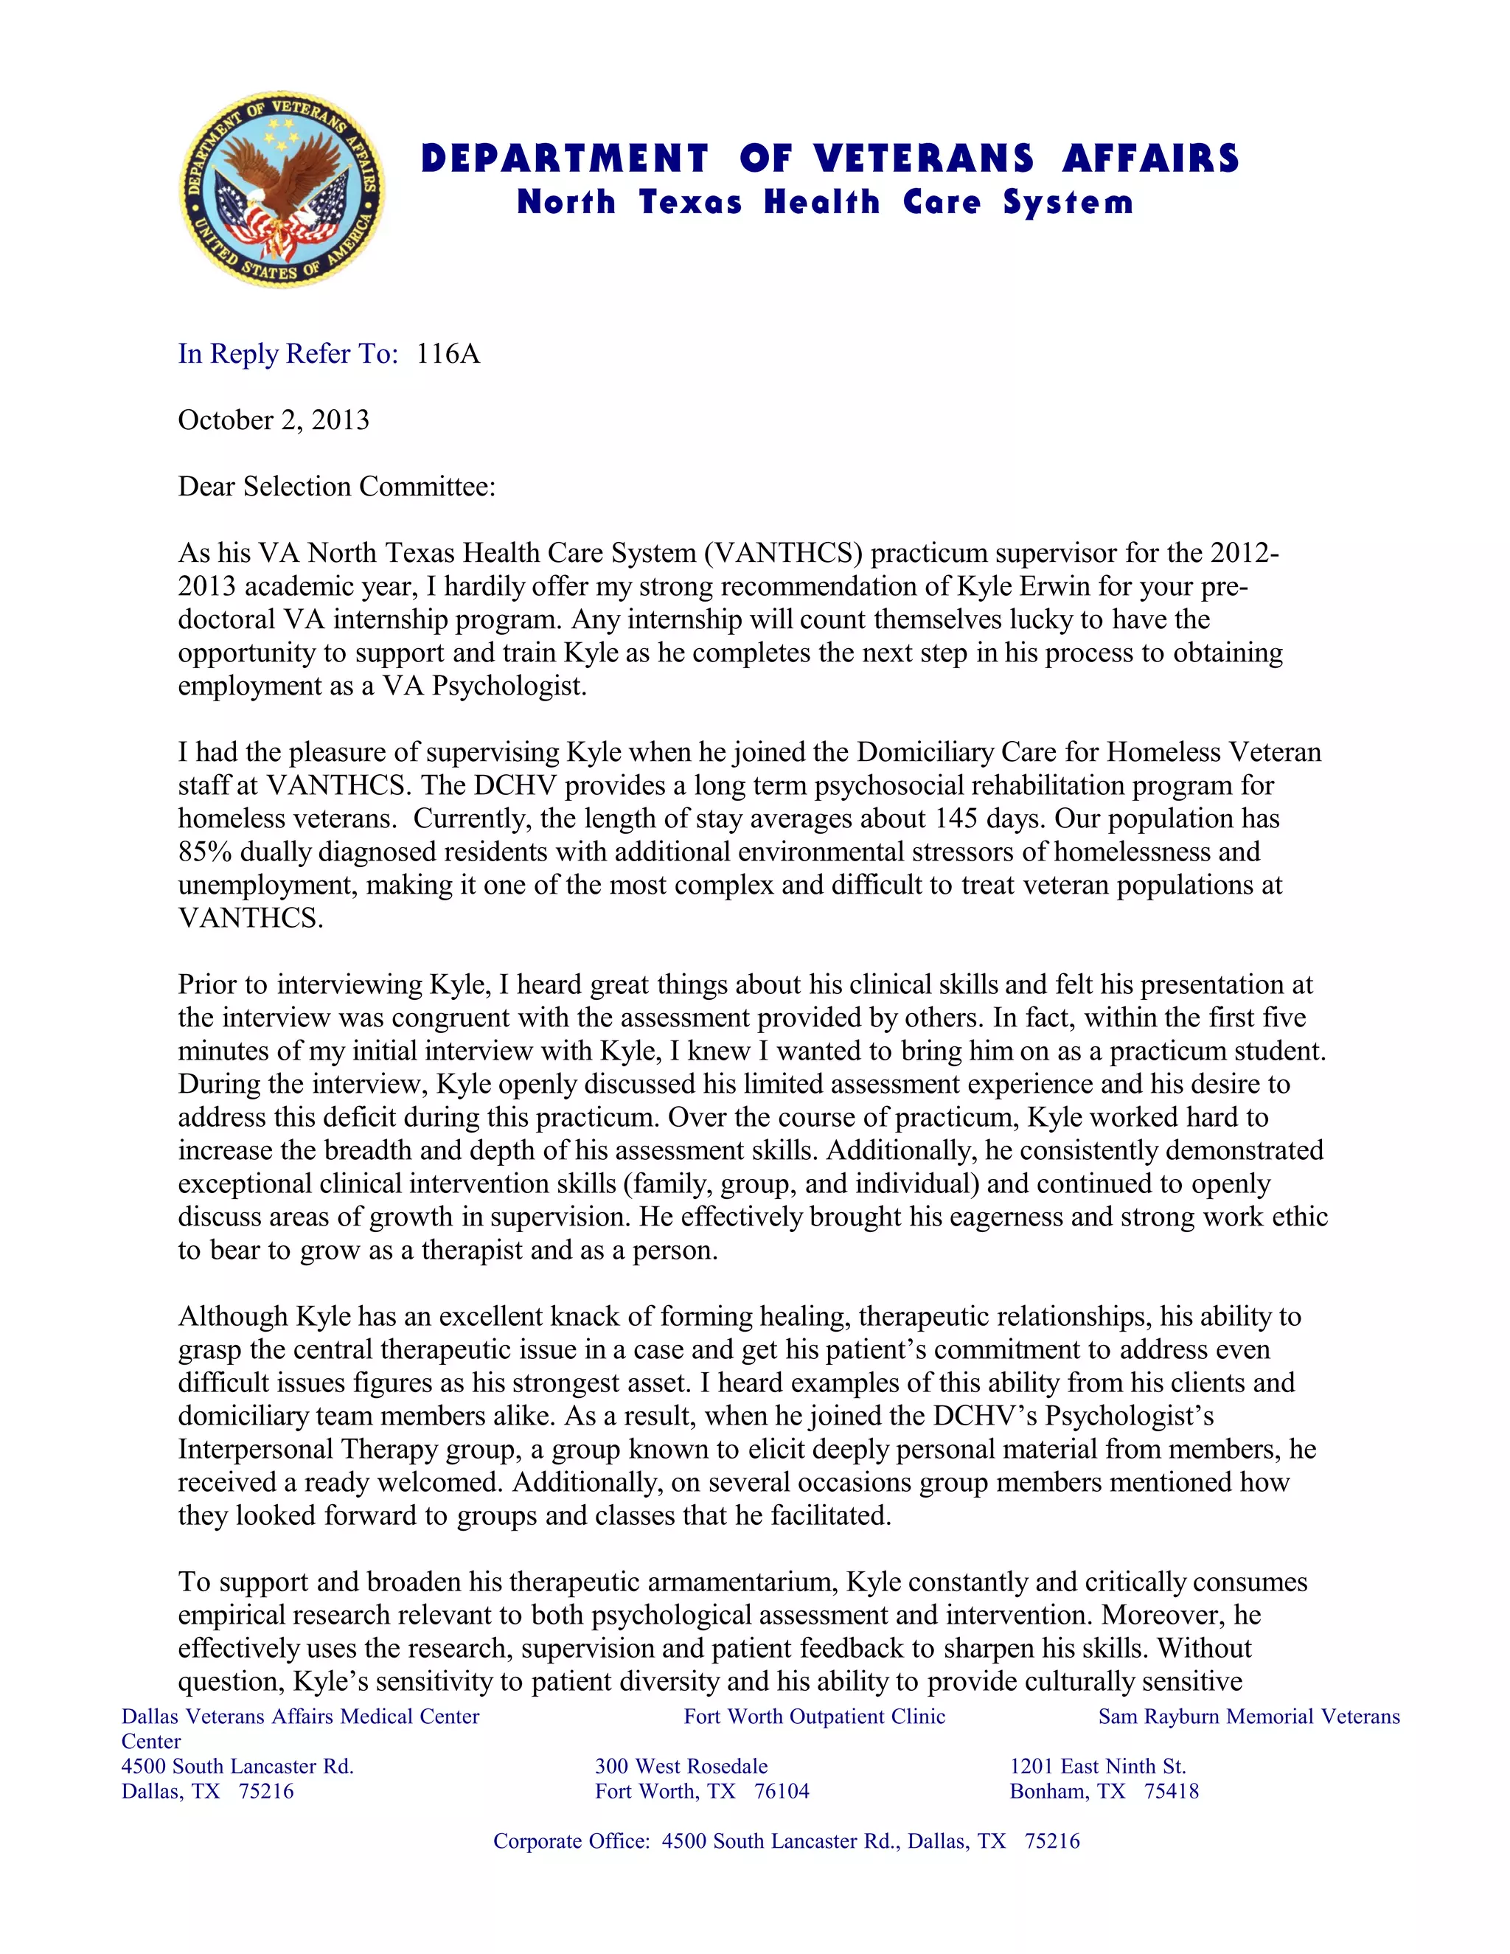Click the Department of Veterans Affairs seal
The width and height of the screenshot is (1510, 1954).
(x=282, y=189)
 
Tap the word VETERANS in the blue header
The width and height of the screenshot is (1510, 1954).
(x=924, y=159)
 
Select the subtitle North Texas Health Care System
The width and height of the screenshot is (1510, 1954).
(x=825, y=202)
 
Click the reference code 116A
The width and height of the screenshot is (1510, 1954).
(x=448, y=354)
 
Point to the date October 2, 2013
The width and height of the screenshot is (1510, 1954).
(x=274, y=420)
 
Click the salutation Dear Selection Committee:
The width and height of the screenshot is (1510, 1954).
(x=336, y=487)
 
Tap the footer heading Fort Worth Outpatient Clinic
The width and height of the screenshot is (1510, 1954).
(x=814, y=1717)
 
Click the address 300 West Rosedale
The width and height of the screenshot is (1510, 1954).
(x=681, y=1767)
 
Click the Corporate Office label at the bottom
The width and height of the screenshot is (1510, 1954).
(x=571, y=1841)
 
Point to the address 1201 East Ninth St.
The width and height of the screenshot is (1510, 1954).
(x=1098, y=1767)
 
